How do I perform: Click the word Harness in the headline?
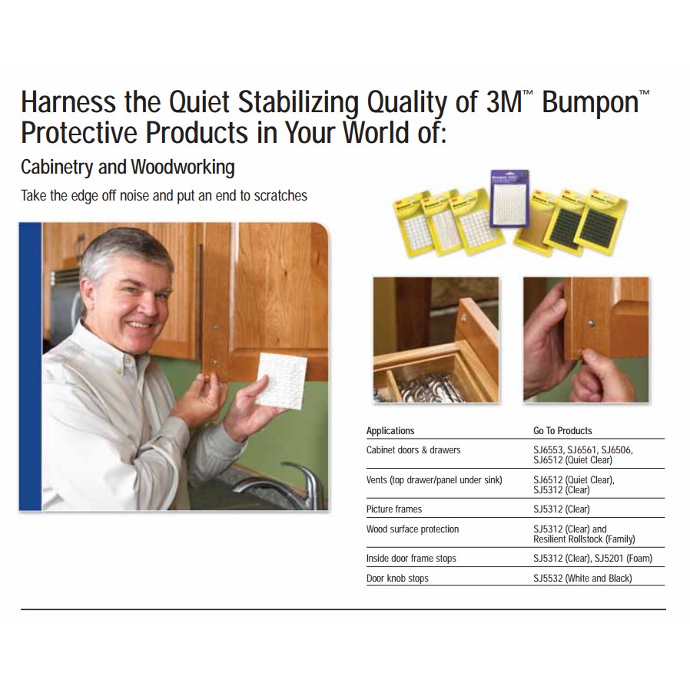[x=69, y=102]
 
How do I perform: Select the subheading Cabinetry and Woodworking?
[x=128, y=168]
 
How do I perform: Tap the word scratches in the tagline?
[x=280, y=195]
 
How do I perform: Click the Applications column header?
[x=390, y=431]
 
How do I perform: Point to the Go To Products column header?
[x=562, y=431]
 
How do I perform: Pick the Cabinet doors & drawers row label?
[x=413, y=450]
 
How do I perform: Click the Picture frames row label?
[x=394, y=509]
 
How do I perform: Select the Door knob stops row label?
[x=397, y=579]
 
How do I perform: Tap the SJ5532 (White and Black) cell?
[x=582, y=579]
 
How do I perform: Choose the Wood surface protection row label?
[x=413, y=529]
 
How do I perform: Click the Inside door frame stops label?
[x=411, y=559]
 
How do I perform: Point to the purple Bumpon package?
[x=509, y=198]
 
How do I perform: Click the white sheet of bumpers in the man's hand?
[x=280, y=380]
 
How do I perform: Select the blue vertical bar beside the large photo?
[x=31, y=367]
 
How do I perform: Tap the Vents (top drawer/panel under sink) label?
[x=434, y=480]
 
